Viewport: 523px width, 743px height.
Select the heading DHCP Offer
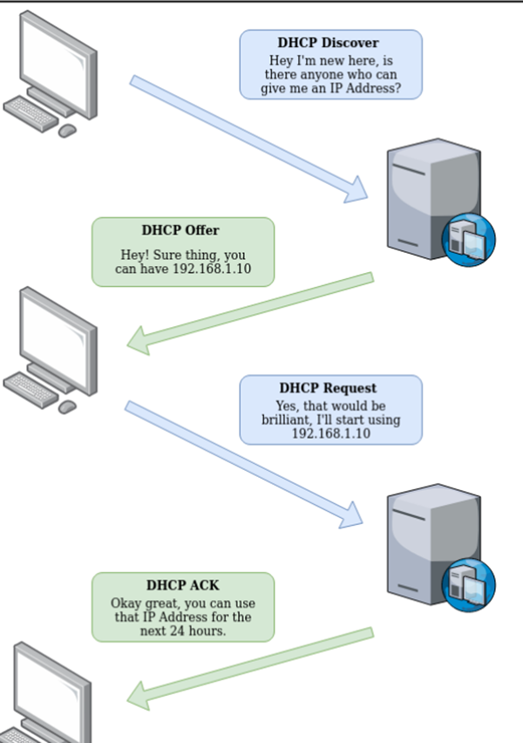pyautogui.click(x=180, y=230)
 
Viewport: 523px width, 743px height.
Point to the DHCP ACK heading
pyautogui.click(x=182, y=585)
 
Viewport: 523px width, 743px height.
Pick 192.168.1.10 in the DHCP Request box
pyautogui.click(x=330, y=433)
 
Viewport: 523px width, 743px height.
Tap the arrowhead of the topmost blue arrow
pyautogui.click(x=357, y=189)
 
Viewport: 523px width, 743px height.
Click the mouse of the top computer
pyautogui.click(x=67, y=130)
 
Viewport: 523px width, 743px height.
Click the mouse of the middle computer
pyautogui.click(x=67, y=406)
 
